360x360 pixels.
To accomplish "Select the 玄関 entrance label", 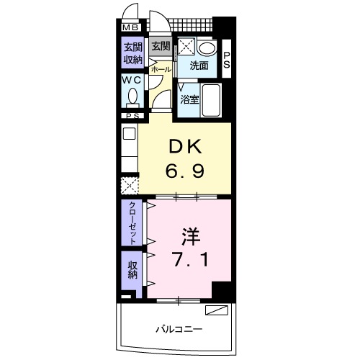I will point(160,48).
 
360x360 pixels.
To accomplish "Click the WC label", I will point(130,81).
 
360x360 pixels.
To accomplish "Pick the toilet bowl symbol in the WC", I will point(130,99).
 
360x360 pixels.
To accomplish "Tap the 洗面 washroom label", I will point(199,66).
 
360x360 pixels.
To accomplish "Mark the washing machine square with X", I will point(186,48).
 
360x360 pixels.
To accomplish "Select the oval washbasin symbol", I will point(207,49).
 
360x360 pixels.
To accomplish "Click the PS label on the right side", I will point(226,61).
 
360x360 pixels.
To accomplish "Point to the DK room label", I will point(186,147).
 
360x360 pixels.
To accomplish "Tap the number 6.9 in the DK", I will point(186,172).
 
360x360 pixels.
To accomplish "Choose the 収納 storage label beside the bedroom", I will point(132,271).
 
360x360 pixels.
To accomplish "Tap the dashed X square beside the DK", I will point(130,185).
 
